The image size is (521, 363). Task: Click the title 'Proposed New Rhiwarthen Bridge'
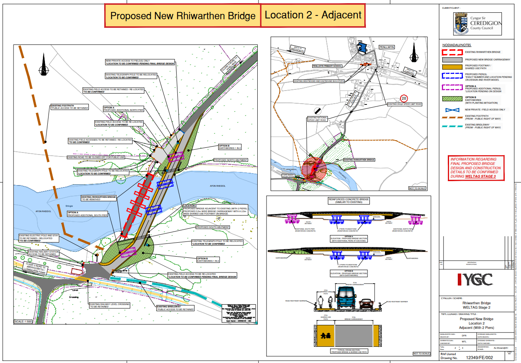coord(183,16)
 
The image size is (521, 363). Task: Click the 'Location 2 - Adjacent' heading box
coord(313,15)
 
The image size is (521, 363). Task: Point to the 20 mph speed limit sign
coord(404,98)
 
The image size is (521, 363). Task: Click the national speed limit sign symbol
coord(317,110)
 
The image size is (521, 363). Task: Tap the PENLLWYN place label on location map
coord(386,46)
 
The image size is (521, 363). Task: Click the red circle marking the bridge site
coord(314,169)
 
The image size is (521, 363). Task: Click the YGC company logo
coord(475,280)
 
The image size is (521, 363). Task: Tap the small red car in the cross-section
coord(366,304)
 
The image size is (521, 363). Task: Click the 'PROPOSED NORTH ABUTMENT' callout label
coord(231,160)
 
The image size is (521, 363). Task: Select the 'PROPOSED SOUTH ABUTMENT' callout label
coord(213,228)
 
